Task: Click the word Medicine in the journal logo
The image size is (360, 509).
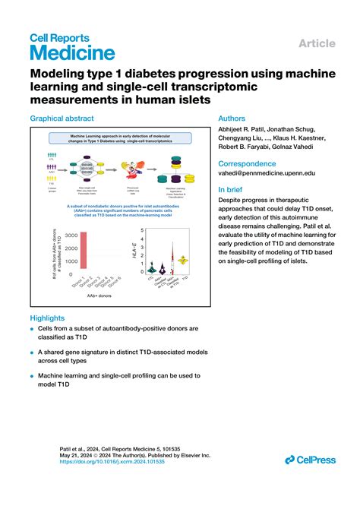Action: [72, 52]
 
